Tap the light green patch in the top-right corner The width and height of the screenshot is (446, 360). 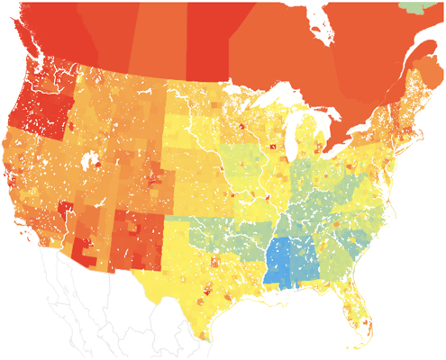click(x=434, y=6)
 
